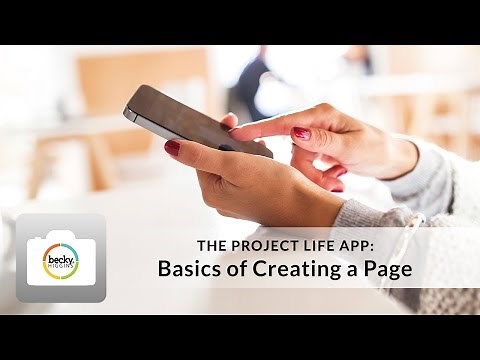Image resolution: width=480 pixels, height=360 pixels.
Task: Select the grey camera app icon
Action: (x=60, y=258)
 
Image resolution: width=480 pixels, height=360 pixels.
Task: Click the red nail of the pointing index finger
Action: (x=300, y=132)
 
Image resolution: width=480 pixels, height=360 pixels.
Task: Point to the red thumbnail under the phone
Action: (x=172, y=147)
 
